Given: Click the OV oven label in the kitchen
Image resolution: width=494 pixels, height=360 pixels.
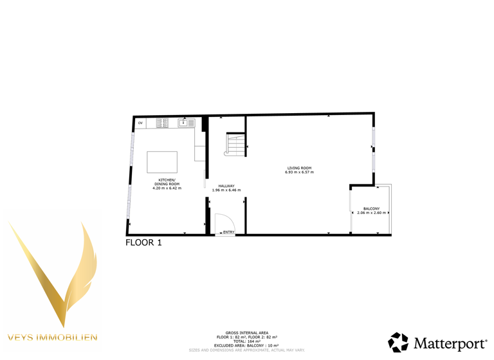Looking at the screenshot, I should [x=140, y=122].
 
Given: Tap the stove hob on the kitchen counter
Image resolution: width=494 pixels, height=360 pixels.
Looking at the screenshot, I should [x=163, y=122].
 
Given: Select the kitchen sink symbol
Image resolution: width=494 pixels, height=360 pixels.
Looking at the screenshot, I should [x=185, y=122].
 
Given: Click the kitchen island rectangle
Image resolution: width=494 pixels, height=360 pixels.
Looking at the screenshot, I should [x=163, y=162].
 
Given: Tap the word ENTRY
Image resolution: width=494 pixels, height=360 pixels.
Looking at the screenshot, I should [x=229, y=232].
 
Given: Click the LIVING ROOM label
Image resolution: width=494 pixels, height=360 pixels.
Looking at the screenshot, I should [x=299, y=168].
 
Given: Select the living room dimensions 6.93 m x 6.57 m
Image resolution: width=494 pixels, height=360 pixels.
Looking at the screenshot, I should [x=299, y=172].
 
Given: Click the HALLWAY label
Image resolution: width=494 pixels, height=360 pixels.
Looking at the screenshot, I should [x=226, y=186].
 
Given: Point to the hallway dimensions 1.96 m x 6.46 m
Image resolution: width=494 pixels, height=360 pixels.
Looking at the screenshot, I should [x=226, y=190].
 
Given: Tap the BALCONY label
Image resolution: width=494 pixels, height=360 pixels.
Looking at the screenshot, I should [x=371, y=208].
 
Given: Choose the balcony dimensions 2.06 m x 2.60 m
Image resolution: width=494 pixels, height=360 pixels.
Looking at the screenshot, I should [x=371, y=213].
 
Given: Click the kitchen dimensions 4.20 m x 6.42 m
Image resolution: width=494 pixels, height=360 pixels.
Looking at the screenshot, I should [x=167, y=188].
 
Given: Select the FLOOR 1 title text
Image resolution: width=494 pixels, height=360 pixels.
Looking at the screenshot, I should [x=143, y=243].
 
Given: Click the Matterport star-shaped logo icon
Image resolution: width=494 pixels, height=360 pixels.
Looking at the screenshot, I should [x=398, y=342].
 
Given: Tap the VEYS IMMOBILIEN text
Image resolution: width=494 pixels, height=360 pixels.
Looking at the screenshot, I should [x=53, y=337].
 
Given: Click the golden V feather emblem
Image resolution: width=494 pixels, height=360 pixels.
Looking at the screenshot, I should [x=55, y=270].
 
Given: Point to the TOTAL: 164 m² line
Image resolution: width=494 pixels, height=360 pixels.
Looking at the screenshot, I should [x=246, y=341].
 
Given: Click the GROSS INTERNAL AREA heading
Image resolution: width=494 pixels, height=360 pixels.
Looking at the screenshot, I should [x=246, y=333].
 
